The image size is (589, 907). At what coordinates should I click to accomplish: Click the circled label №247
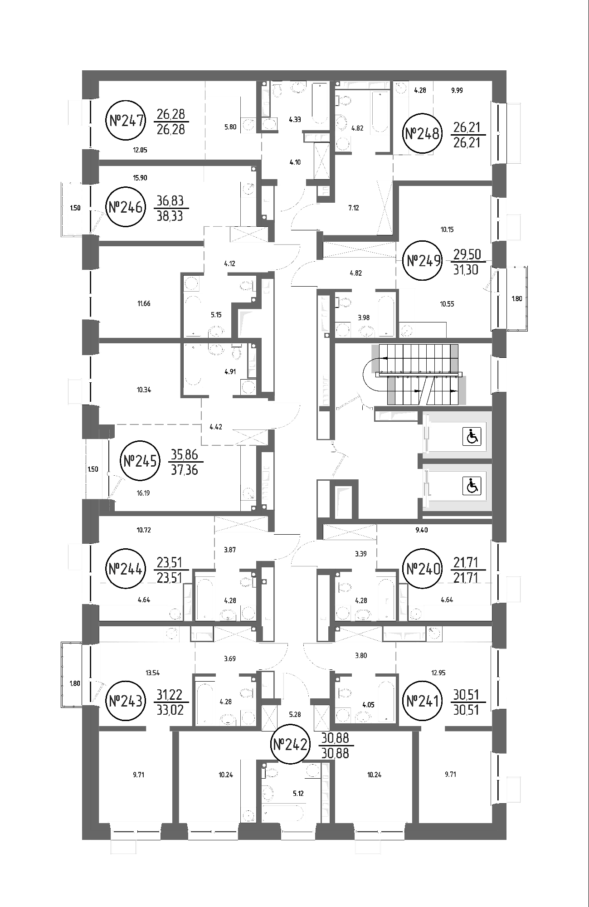[126, 121]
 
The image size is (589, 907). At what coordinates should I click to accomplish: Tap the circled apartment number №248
[422, 134]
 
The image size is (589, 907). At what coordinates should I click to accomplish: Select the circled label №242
[290, 745]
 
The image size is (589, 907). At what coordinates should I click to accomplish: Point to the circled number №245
[141, 461]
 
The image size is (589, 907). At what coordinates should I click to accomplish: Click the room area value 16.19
[143, 493]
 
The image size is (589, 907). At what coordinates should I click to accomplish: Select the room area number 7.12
[353, 208]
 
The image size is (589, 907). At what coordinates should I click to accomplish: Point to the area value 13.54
[152, 673]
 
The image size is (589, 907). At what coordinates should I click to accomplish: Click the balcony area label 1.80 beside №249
[517, 298]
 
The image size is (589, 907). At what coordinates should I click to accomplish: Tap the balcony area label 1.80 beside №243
[75, 683]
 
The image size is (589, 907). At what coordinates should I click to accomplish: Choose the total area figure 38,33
[170, 216]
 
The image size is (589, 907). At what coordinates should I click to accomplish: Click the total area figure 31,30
[467, 269]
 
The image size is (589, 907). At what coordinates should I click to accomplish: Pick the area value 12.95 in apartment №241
[438, 673]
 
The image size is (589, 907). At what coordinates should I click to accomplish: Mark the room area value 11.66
[144, 303]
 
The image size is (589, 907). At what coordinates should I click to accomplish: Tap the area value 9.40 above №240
[421, 530]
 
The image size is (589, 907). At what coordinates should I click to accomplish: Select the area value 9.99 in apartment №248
[457, 90]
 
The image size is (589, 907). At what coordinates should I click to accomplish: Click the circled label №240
[423, 569]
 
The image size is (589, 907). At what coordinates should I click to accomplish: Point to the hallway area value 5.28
[295, 714]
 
